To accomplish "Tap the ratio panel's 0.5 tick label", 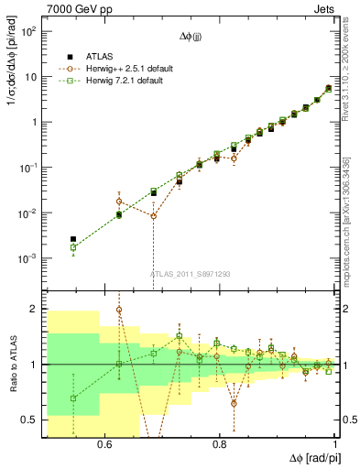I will [x=32, y=420].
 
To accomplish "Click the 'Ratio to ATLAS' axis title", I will [x=12, y=365].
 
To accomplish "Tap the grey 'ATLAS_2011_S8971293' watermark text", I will [x=191, y=274].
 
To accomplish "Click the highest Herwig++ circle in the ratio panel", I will [x=119, y=310].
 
